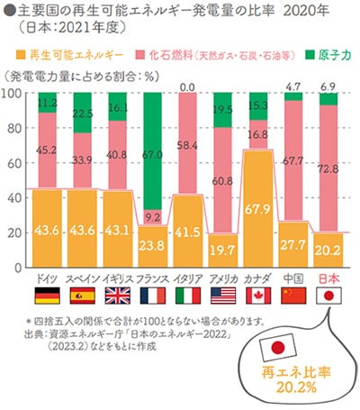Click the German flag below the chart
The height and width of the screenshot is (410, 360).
pyautogui.click(x=47, y=296)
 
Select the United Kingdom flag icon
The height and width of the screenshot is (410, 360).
pyautogui.click(x=117, y=296)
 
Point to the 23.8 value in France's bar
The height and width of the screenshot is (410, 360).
pyautogui.click(x=153, y=244)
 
